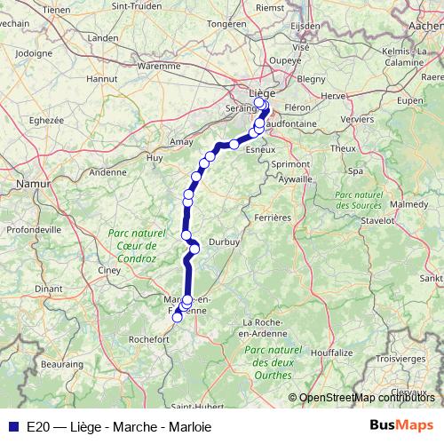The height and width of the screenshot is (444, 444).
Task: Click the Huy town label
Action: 155,157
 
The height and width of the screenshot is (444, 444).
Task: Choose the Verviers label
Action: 357,117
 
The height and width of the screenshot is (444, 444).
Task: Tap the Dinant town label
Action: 48,289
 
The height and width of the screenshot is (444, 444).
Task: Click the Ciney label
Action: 110,268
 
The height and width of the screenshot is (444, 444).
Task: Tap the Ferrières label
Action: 272,217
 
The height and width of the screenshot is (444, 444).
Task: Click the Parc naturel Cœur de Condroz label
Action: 131,246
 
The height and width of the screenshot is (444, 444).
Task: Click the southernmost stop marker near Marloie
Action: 177,316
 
